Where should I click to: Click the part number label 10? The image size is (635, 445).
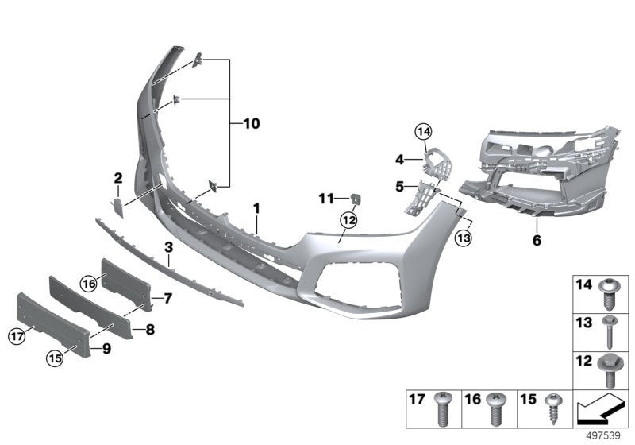click(x=251, y=124)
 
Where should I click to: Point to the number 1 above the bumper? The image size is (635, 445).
click(x=257, y=208)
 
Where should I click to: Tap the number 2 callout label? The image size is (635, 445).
click(x=117, y=178)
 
